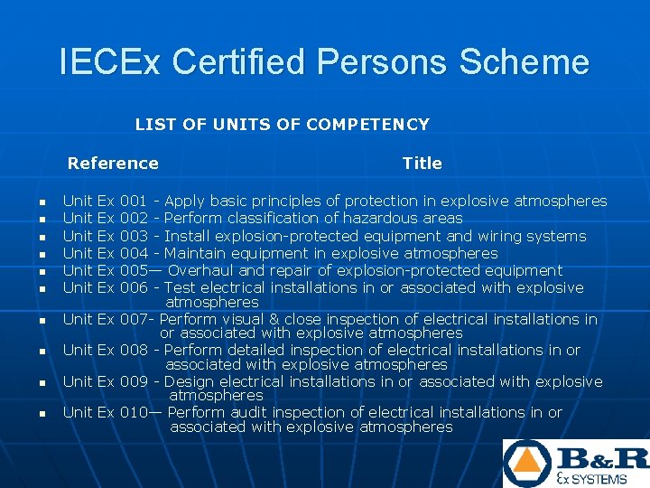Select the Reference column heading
click(x=113, y=164)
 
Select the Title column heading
click(x=422, y=164)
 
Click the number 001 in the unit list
click(x=134, y=201)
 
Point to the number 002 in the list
click(x=134, y=218)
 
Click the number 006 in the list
click(x=134, y=287)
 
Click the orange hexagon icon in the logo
click(x=526, y=462)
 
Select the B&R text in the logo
click(x=600, y=456)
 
